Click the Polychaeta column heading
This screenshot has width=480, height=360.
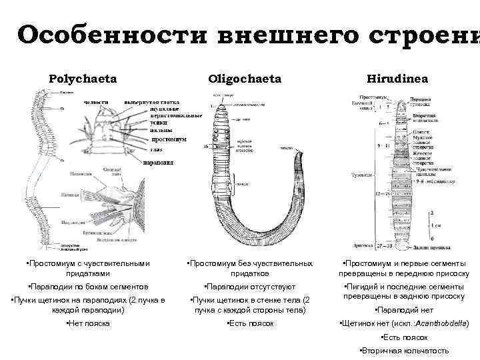(82, 79)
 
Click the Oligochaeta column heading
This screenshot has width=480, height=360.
(244, 79)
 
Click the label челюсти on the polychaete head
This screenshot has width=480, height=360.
(95, 102)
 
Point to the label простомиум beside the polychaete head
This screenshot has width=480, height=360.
(169, 140)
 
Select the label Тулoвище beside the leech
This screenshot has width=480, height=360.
(361, 175)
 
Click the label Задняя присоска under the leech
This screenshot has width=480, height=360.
(411, 248)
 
